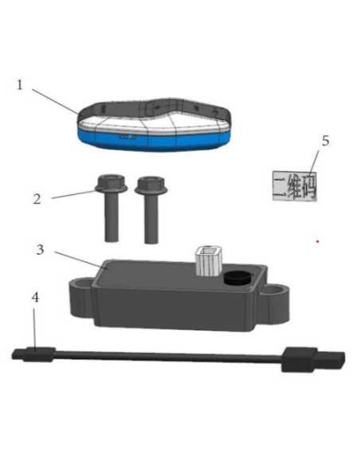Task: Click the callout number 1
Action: click(x=21, y=84)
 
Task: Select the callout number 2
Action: click(x=37, y=198)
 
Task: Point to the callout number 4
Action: click(x=34, y=298)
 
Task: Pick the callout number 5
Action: click(x=324, y=142)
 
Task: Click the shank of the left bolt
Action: click(x=111, y=219)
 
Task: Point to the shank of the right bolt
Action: click(x=150, y=220)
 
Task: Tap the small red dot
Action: click(x=318, y=240)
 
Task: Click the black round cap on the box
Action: click(x=236, y=279)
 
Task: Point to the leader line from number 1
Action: click(x=57, y=100)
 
